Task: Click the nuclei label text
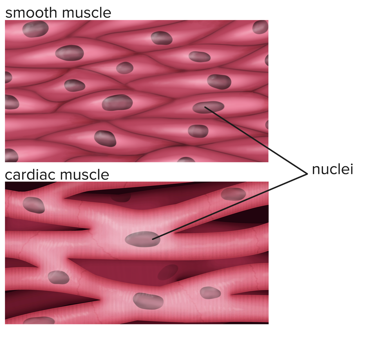(x=332, y=169)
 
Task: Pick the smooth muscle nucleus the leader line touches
(x=208, y=107)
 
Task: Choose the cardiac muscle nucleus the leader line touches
(x=142, y=239)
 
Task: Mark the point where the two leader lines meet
(x=307, y=174)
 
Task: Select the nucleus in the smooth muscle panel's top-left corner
(x=35, y=29)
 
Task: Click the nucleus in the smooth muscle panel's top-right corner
(x=260, y=27)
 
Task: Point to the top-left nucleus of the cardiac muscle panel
(x=34, y=205)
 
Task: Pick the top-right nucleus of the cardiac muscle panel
(x=233, y=194)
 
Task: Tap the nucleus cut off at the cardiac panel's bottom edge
(x=39, y=321)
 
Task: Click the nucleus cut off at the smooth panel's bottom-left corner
(x=11, y=155)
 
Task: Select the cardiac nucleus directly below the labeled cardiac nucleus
(x=148, y=301)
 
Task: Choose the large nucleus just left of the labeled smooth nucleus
(x=117, y=103)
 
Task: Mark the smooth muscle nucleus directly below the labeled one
(x=198, y=131)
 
